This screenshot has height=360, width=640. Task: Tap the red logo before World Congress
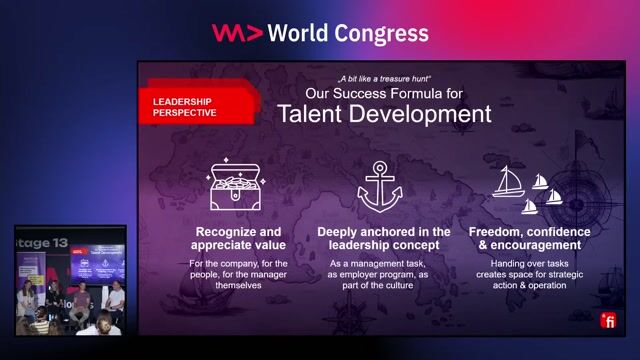click(x=237, y=33)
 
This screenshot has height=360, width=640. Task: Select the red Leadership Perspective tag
click(x=190, y=107)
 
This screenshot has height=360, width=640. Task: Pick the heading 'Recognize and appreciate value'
click(x=240, y=238)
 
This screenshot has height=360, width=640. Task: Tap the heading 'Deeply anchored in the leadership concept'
click(x=384, y=238)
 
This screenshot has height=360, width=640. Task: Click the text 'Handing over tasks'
click(x=530, y=263)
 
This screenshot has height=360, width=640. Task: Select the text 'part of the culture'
click(x=384, y=285)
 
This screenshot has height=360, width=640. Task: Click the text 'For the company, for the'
click(x=240, y=263)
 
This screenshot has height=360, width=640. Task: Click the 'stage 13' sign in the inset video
click(x=42, y=242)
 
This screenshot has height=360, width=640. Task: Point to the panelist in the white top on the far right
click(x=116, y=297)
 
